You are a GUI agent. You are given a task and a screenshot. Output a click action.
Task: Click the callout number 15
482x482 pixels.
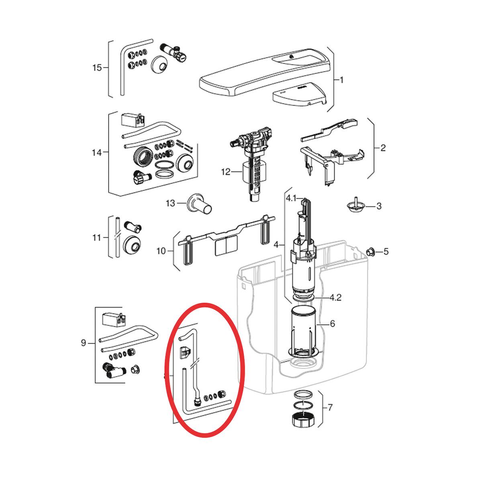97,67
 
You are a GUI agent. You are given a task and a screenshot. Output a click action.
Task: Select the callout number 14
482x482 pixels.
97,152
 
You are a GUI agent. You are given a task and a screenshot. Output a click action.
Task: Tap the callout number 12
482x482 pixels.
226,172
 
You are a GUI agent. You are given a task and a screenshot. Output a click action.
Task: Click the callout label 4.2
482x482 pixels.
335,298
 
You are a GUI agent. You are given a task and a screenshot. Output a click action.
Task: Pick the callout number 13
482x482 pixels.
170,203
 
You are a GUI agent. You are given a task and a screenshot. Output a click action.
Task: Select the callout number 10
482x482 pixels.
161,251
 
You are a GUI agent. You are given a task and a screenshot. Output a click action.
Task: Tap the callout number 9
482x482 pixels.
83,343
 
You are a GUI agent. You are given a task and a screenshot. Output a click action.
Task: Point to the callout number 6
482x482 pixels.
333,324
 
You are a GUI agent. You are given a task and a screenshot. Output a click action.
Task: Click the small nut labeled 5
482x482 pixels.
370,251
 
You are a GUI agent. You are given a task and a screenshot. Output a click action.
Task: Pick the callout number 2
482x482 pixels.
383,148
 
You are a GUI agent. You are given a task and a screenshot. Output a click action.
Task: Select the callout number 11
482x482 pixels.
96,237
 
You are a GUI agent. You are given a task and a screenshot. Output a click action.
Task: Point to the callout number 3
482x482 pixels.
379,206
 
